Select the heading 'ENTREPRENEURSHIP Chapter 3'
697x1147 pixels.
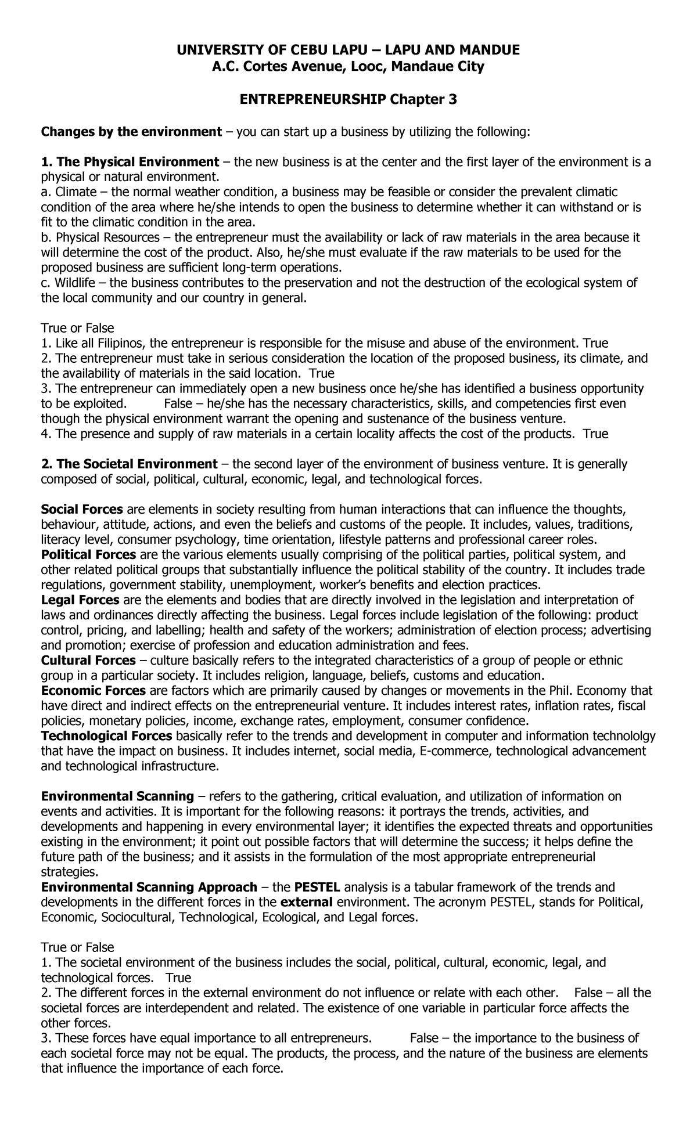point(348,100)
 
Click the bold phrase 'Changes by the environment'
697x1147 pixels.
point(131,132)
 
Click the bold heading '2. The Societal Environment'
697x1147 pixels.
point(128,464)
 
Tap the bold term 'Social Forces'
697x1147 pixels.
point(82,509)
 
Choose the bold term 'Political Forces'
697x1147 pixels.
point(88,554)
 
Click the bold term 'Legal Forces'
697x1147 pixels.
point(80,600)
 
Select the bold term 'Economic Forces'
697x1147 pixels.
point(93,691)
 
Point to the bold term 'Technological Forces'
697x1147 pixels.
point(106,736)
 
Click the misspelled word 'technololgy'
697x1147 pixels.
point(624,736)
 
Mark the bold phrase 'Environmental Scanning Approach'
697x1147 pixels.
point(149,887)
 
